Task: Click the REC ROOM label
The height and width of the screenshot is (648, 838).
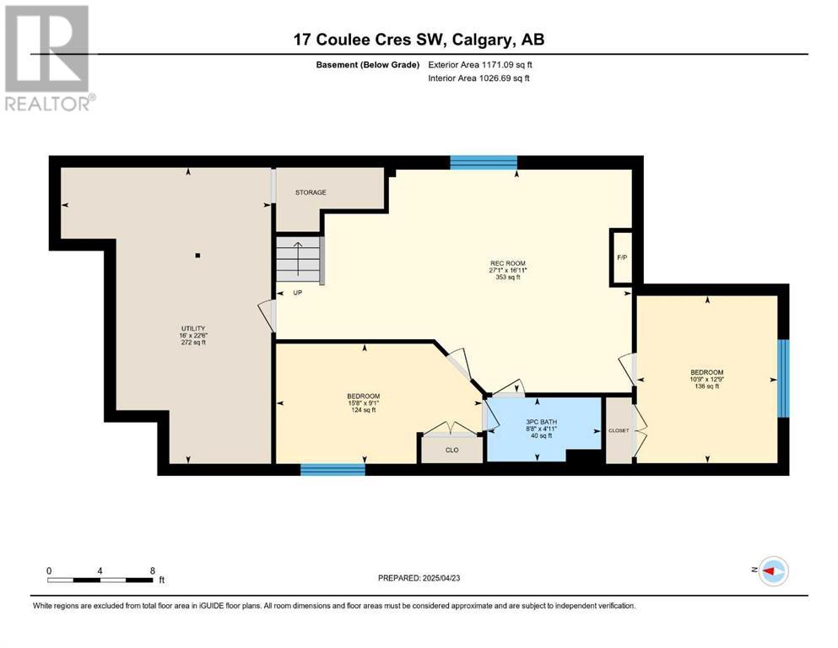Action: [508, 263]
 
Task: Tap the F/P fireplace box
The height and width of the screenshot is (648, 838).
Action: [622, 257]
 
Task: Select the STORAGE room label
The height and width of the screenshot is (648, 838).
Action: [311, 192]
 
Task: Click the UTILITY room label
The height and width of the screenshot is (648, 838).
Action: [193, 328]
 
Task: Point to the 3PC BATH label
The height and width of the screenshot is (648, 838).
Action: [542, 422]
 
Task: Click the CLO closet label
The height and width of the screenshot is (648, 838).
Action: [452, 450]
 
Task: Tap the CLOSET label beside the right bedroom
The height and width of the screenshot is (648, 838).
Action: [619, 430]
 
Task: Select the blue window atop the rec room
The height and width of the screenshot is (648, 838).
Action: [484, 162]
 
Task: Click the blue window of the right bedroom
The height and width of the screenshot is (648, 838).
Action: [783, 378]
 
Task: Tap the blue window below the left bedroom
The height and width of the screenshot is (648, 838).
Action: [332, 470]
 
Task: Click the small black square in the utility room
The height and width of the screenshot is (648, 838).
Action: [197, 256]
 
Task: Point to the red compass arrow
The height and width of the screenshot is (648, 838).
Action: [769, 571]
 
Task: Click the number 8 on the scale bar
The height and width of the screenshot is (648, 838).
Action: [152, 570]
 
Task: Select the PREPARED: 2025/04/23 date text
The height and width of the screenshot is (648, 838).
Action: [419, 578]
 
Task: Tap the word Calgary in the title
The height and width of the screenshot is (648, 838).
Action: [483, 40]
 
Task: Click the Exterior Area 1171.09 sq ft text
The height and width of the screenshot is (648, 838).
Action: [480, 65]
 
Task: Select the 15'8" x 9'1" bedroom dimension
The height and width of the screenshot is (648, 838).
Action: [364, 402]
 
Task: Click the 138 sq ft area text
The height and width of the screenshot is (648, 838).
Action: [707, 386]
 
